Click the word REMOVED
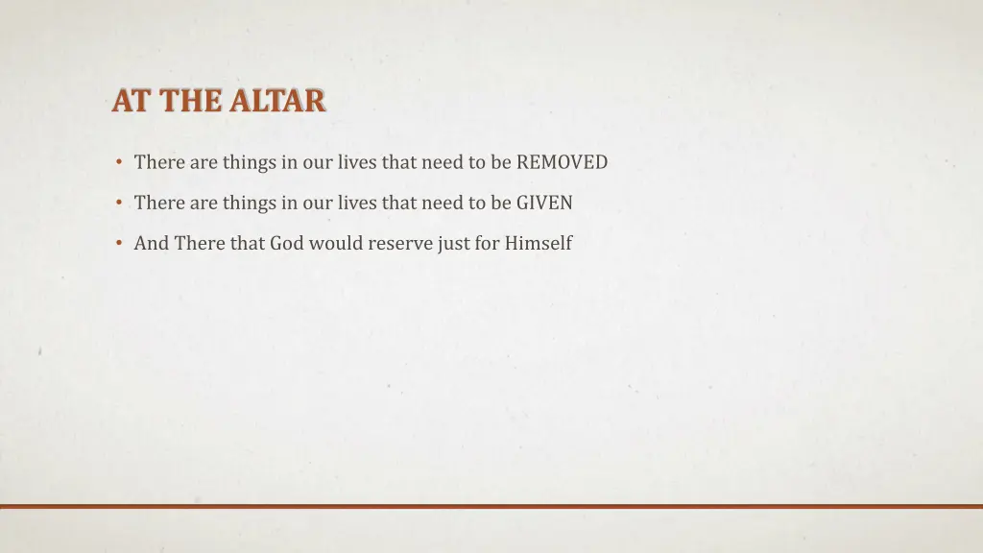(x=562, y=162)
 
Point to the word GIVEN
(x=544, y=203)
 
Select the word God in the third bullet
(x=286, y=243)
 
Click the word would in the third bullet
(x=333, y=243)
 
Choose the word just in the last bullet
(x=453, y=243)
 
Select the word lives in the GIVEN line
(x=357, y=203)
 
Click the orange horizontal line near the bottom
(x=491, y=506)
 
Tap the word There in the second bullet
(x=158, y=203)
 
